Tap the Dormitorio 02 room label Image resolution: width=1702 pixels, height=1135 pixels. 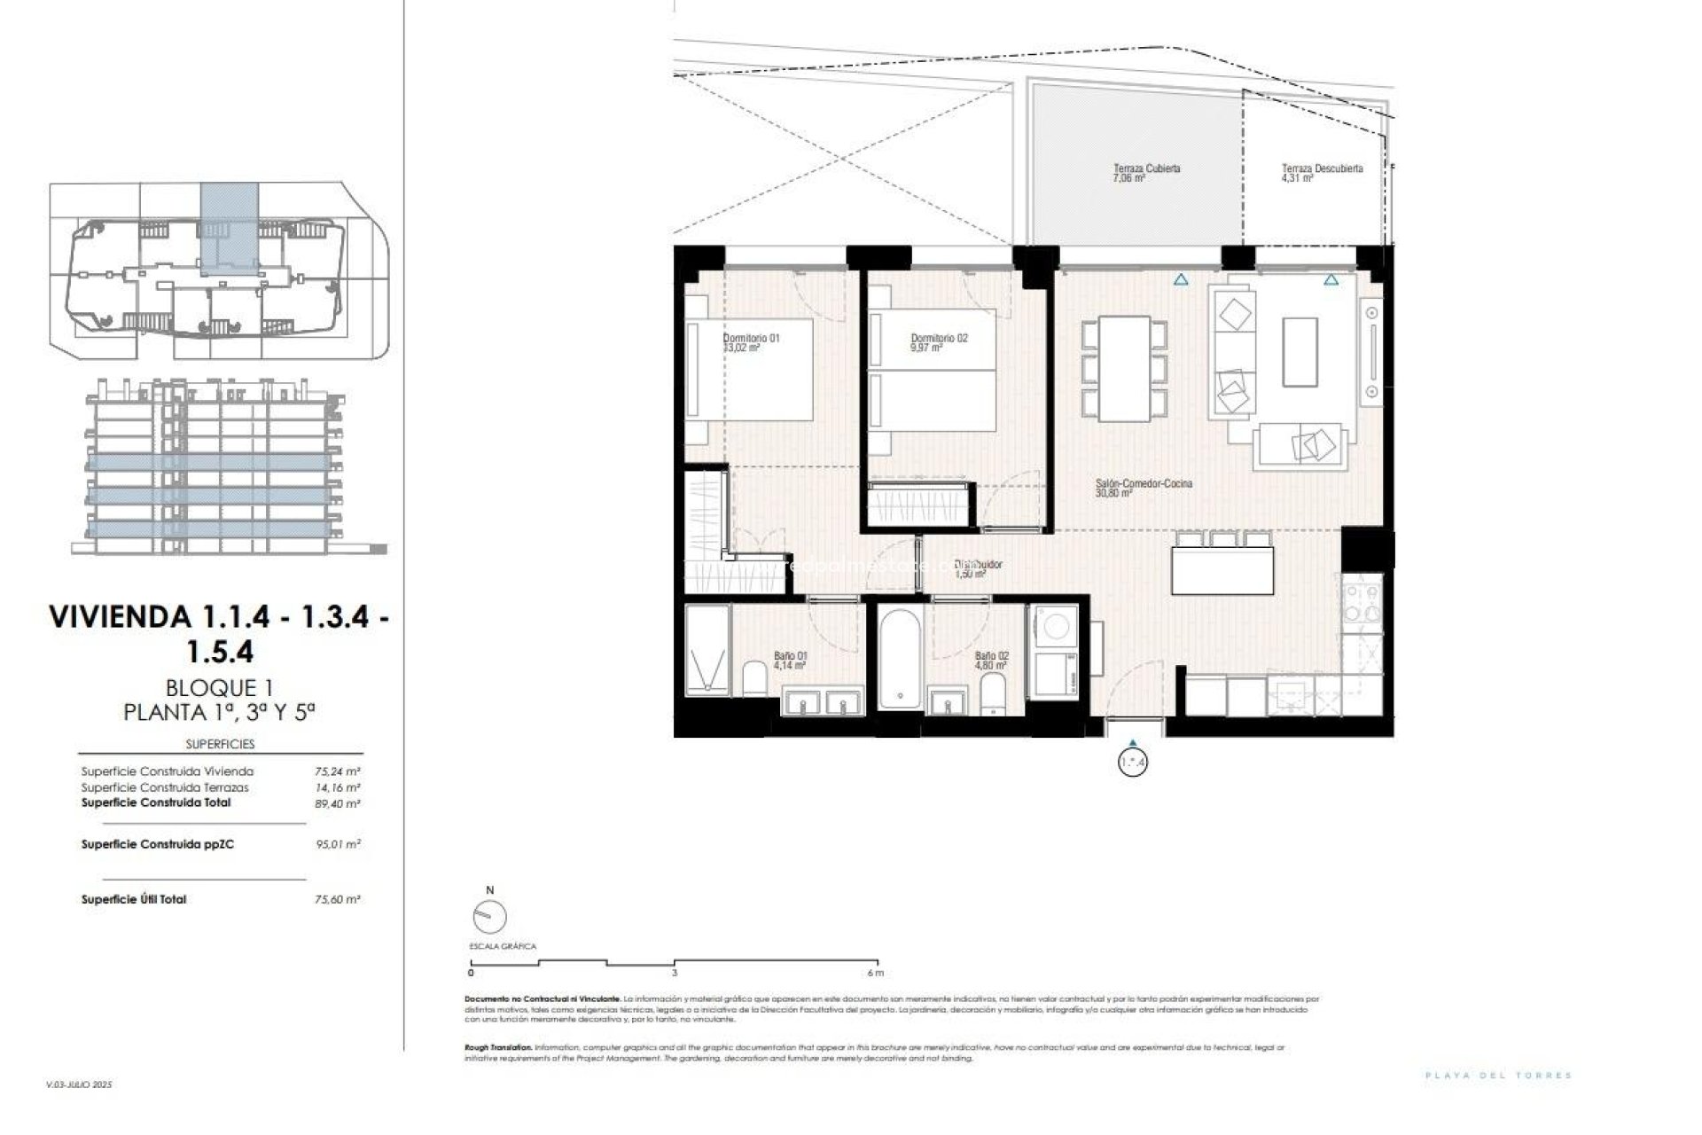pyautogui.click(x=939, y=342)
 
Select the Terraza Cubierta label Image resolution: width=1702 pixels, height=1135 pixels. pyautogui.click(x=1146, y=173)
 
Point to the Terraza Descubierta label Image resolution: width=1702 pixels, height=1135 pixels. pyautogui.click(x=1321, y=173)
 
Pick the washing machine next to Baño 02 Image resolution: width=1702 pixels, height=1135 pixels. pyautogui.click(x=1053, y=626)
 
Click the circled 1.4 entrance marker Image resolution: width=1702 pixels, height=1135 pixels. pyautogui.click(x=1133, y=762)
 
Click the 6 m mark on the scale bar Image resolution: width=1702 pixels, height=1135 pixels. pyautogui.click(x=877, y=973)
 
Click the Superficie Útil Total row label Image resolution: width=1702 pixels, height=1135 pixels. pyautogui.click(x=134, y=899)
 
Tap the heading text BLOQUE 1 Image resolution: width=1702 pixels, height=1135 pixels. pyautogui.click(x=218, y=687)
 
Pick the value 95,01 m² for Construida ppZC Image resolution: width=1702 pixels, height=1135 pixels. pyautogui.click(x=337, y=844)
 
